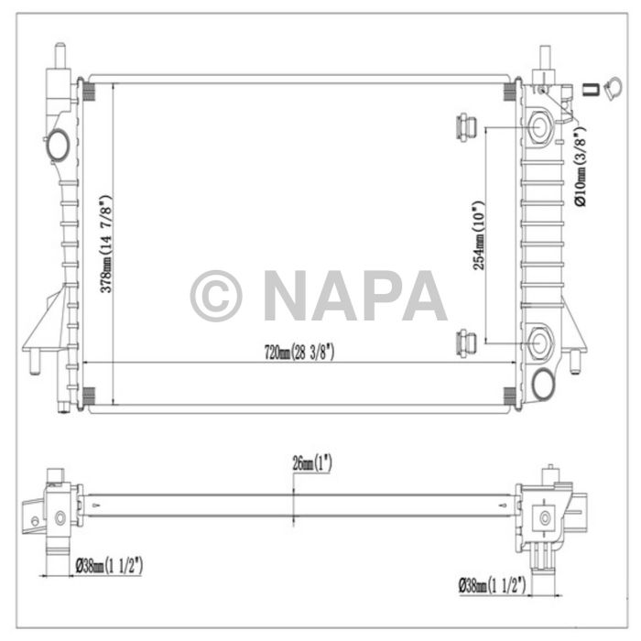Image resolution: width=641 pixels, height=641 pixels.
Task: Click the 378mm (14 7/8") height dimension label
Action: point(106,244)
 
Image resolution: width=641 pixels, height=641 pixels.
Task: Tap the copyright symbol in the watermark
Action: point(216,294)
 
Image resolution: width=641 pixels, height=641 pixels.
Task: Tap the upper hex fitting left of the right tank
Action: point(465,125)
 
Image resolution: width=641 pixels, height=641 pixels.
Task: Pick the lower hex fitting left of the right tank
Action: point(465,343)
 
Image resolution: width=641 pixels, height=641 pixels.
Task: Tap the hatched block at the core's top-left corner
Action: point(88,91)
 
